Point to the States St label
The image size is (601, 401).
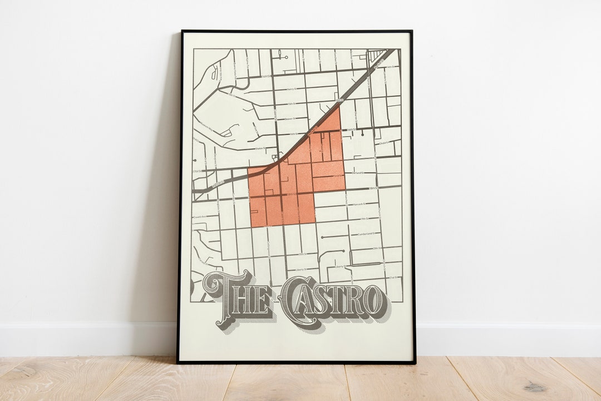click(259, 148)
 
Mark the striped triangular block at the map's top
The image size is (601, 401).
click(379, 56)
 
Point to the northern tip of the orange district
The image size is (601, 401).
click(338, 107)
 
